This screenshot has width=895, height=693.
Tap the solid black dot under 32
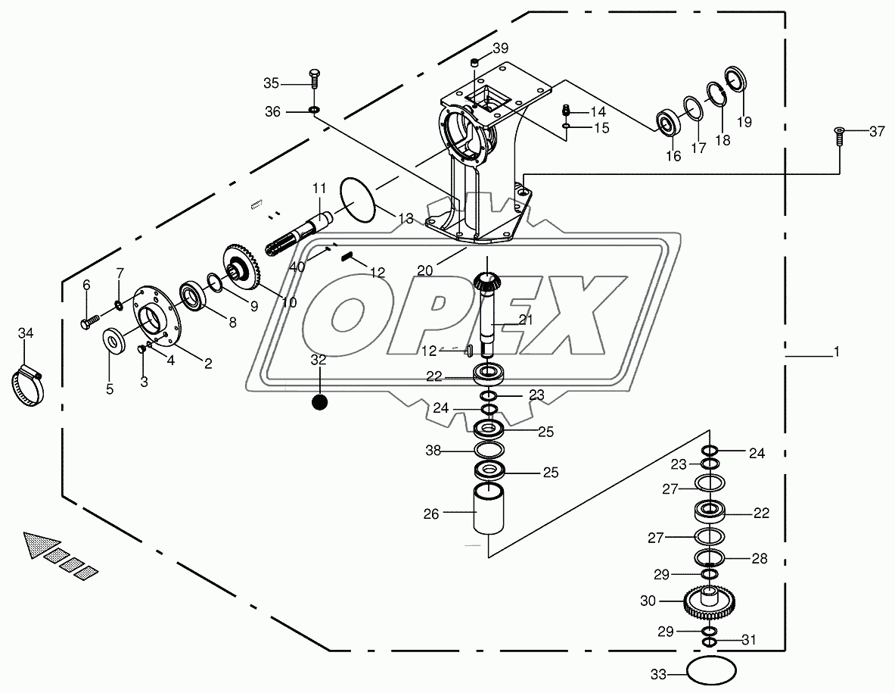pos(319,401)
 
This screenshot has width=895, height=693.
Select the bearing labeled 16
pos(668,122)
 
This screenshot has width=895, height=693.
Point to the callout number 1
pos(836,351)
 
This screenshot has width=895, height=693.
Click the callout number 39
pos(501,48)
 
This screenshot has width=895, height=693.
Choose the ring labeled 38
pos(489,450)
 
